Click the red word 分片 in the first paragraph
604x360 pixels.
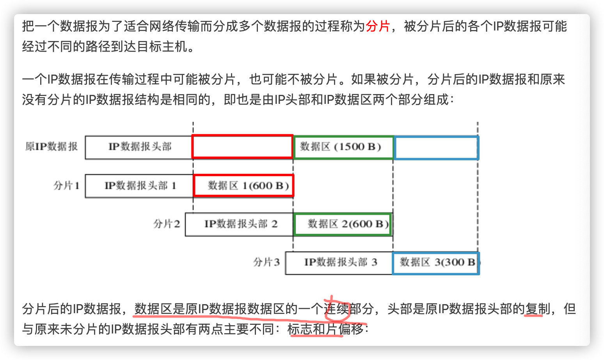tap(378, 26)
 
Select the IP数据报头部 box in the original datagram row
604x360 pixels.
tap(139, 147)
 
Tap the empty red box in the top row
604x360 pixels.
tap(242, 147)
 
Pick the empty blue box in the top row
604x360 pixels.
tap(436, 148)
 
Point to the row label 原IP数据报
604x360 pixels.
tap(52, 146)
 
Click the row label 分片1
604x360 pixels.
tap(66, 185)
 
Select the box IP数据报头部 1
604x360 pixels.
tap(140, 185)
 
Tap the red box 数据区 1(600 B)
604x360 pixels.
tap(244, 185)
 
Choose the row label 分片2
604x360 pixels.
tap(167, 224)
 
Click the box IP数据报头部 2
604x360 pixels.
tap(240, 224)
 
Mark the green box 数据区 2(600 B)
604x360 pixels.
tap(343, 224)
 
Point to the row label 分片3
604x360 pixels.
tap(266, 262)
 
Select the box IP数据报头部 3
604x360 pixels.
tap(340, 262)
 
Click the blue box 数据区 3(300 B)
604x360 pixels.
tap(436, 262)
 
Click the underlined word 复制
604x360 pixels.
tap(537, 309)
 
